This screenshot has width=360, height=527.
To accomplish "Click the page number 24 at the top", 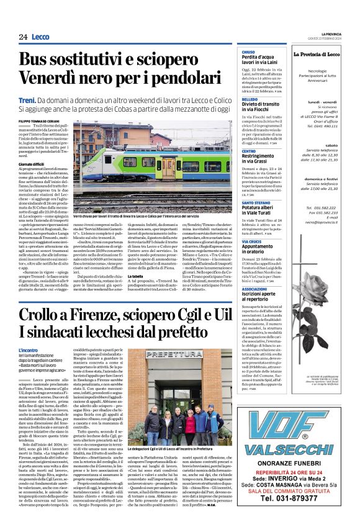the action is pos(24,37).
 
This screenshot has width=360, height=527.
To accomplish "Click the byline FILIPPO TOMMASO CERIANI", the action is pos(42,120).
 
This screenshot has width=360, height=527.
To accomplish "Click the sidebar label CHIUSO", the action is pos(248,53).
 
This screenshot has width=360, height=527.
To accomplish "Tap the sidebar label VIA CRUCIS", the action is pos(251,239).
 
